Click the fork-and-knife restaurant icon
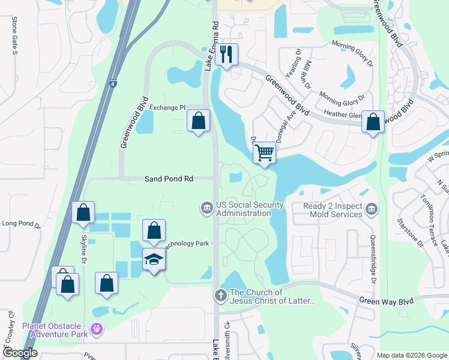coord(226,55)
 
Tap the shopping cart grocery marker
coord(264,152)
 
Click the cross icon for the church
coord(220,296)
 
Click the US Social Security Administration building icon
coord(206,208)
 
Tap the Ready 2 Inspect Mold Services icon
coord(372,209)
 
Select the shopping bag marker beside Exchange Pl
coord(198,121)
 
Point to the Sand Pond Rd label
coord(169,179)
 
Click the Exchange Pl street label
coord(167,107)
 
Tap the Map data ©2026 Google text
coord(411,355)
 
